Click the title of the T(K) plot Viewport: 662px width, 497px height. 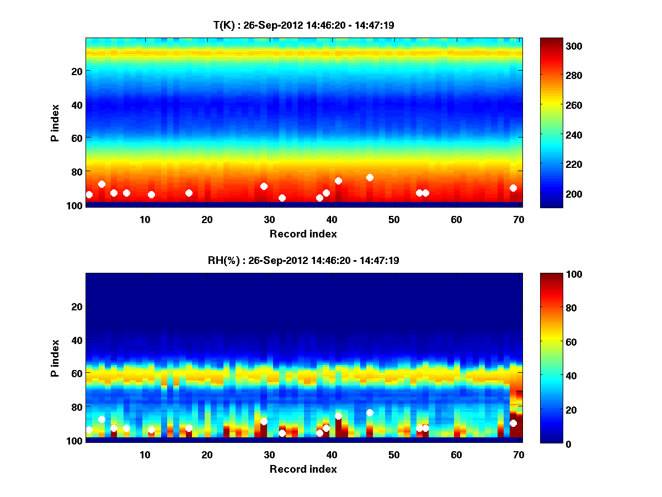303,25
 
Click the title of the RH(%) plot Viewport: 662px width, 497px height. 303,260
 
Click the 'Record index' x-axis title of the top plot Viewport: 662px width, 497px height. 303,234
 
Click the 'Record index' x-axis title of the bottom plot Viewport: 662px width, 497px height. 303,469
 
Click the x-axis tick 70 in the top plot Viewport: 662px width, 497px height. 519,219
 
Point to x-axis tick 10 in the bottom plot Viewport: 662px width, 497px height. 145,454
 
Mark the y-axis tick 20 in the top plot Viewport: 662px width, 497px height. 76,71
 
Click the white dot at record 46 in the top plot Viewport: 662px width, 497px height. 370,177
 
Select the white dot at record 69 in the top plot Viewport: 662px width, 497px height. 513,188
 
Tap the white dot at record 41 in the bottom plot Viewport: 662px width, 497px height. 338,416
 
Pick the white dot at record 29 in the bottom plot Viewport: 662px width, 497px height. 264,421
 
